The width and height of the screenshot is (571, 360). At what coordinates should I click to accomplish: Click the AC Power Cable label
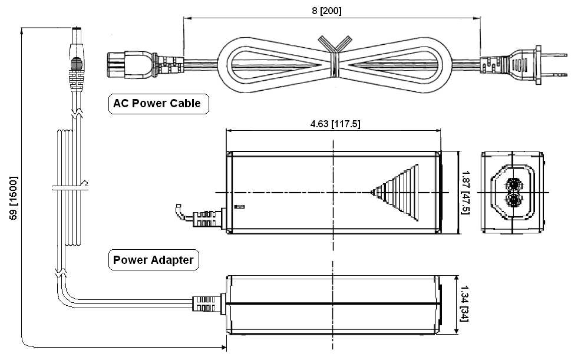coord(157,104)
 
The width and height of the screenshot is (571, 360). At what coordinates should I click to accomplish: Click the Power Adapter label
coord(153,260)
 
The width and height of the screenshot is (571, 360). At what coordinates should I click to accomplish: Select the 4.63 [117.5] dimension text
coord(335,124)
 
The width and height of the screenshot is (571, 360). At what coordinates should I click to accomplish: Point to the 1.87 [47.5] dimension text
coord(466,192)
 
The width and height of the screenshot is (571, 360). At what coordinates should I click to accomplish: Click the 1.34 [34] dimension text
coord(464,304)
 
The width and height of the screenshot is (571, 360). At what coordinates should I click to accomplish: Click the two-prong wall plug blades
coord(549,62)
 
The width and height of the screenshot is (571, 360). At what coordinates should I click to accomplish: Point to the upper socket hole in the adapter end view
coord(512,184)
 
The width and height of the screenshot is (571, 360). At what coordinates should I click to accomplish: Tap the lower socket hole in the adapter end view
coord(512,201)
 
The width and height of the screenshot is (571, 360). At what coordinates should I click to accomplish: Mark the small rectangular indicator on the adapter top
coord(239,207)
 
